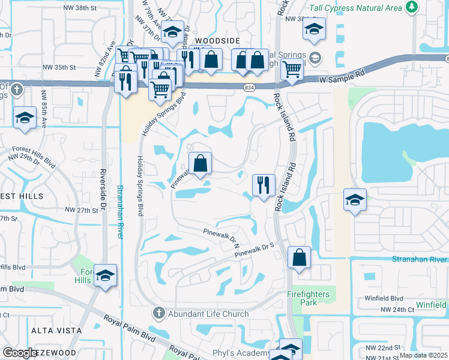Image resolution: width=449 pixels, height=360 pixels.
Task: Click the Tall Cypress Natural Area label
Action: coord(355,8)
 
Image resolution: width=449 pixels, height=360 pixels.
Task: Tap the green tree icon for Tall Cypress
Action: coord(411,7)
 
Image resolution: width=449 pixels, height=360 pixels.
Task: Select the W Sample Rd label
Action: coord(342,78)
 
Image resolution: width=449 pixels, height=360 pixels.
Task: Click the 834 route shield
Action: coord(249,88)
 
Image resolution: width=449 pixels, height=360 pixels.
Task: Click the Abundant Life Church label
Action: coord(208,313)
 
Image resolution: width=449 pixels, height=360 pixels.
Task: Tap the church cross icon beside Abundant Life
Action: coord(158,313)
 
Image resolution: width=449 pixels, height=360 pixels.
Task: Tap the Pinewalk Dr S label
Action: coord(254,250)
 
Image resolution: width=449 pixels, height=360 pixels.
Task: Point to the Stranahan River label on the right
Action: coord(420,259)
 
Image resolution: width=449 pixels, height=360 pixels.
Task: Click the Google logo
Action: coord(20,353)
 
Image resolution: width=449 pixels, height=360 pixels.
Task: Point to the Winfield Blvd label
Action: coord(384,298)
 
